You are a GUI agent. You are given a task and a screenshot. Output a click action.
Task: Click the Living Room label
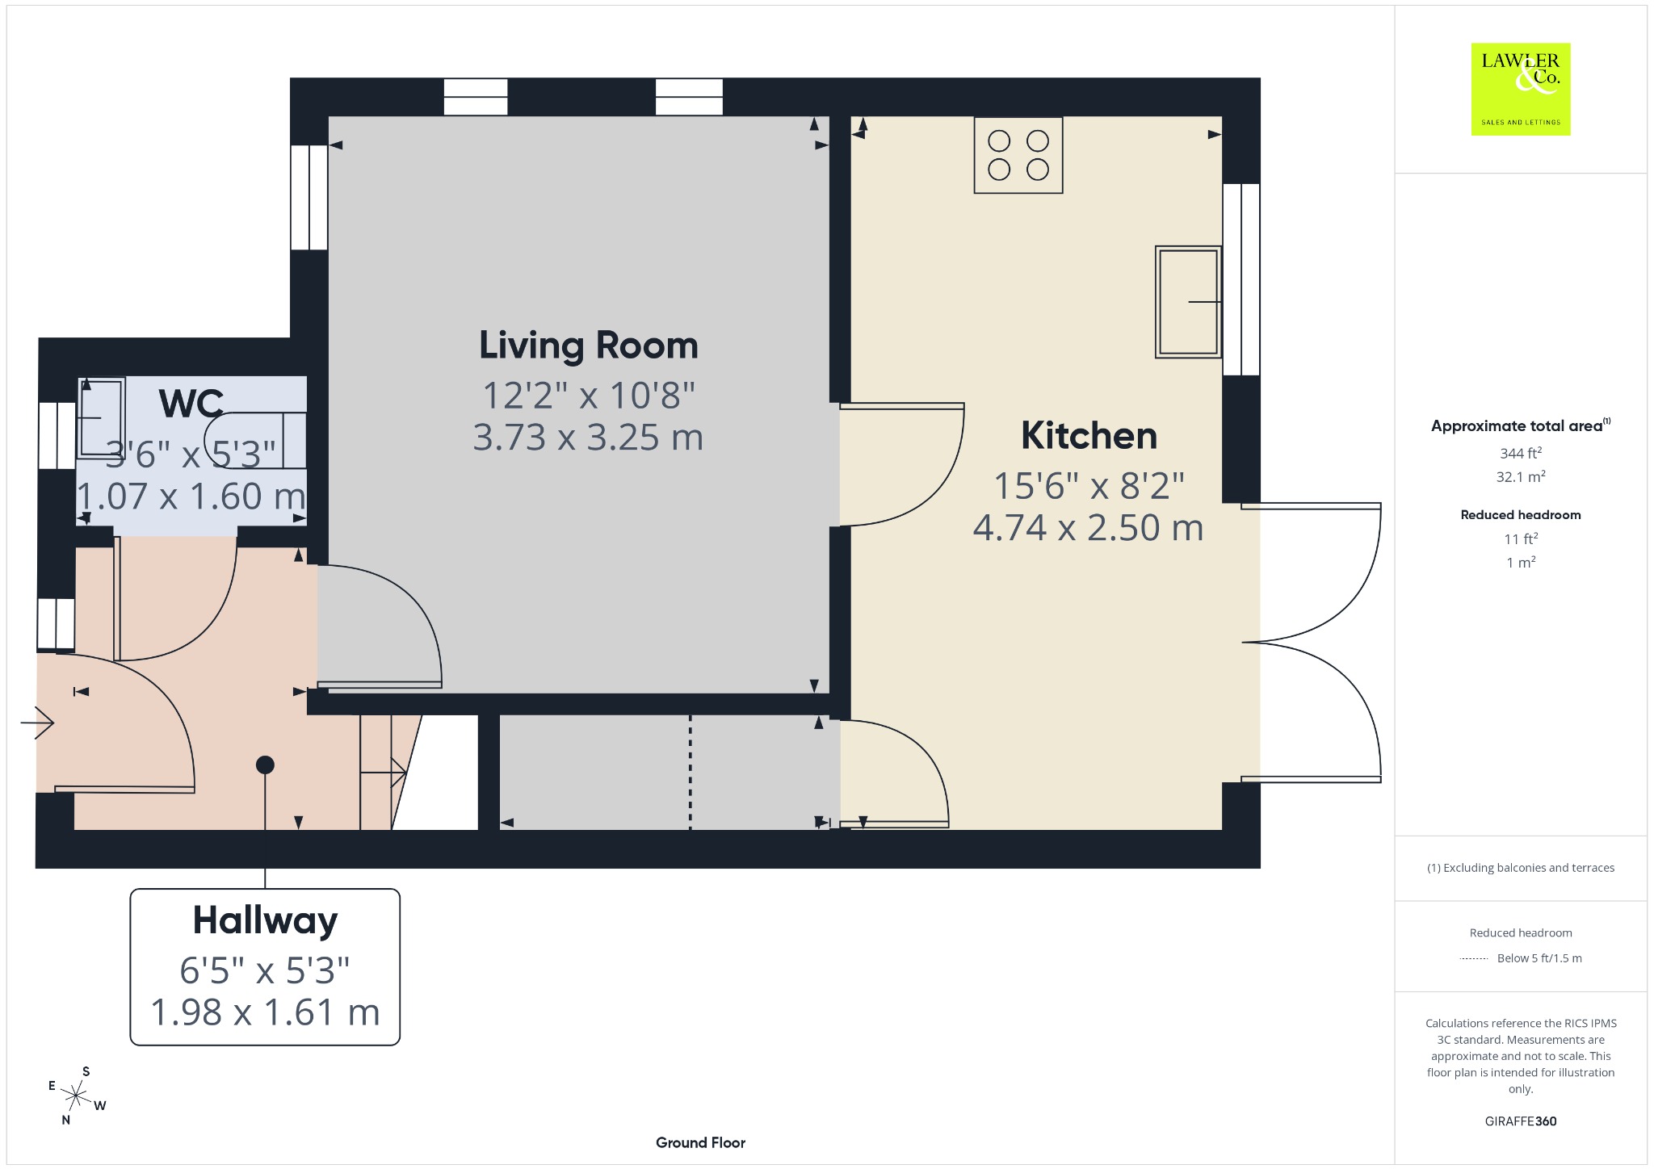point(588,346)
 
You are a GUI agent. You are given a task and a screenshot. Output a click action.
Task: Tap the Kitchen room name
point(1089,436)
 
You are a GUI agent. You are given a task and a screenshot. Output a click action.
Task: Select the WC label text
point(191,404)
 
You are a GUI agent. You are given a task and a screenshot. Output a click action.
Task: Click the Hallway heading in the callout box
point(265,921)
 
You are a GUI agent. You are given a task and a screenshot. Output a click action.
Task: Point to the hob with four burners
point(1018,155)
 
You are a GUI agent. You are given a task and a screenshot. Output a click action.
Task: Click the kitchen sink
point(1188,302)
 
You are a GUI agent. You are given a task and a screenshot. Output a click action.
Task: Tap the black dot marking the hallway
point(265,765)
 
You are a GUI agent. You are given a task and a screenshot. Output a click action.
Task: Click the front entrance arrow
point(37,722)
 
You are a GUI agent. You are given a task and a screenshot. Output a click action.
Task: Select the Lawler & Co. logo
point(1521,90)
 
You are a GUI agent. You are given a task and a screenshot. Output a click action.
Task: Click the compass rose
point(77,1096)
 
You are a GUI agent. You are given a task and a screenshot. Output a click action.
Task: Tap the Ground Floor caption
point(700,1142)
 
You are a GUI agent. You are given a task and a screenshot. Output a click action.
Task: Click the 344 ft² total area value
point(1521,453)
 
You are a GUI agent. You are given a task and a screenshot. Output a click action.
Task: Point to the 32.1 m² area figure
point(1521,476)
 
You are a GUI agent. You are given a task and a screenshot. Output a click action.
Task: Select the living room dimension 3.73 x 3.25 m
point(588,438)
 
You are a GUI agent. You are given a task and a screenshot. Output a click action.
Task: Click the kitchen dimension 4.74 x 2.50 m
point(1089,528)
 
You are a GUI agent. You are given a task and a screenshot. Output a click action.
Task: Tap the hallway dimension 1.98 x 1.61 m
point(265,1012)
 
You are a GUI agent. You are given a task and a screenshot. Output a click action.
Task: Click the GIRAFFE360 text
point(1521,1121)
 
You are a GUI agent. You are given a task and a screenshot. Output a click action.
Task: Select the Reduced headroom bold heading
point(1521,515)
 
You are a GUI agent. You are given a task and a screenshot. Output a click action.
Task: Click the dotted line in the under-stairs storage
point(690,772)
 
